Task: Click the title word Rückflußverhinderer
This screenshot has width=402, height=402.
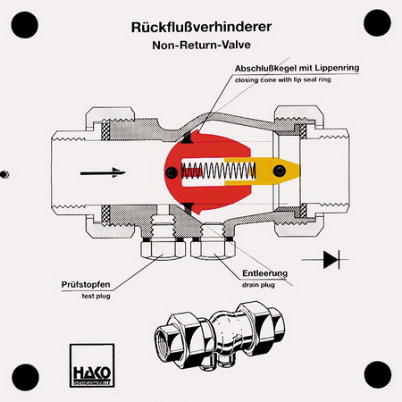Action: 201,28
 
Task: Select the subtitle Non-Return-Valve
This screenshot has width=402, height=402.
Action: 201,46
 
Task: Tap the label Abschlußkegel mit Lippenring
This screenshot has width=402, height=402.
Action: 297,68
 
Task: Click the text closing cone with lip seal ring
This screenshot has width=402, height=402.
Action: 282,80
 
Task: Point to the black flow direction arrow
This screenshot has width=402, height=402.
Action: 103,172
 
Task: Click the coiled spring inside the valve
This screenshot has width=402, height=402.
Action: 219,171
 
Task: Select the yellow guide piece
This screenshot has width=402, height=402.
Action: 262,171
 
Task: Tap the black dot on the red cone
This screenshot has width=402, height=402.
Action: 172,172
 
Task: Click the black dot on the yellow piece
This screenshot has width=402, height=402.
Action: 280,171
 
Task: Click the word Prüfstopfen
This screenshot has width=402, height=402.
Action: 86,285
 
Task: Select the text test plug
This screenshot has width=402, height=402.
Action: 96,297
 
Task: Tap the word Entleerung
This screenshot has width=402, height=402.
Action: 265,273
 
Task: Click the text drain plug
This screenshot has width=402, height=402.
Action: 258,285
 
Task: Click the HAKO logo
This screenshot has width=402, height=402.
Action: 92,365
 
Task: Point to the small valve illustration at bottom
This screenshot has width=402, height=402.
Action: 219,336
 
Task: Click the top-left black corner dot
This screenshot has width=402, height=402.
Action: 25,25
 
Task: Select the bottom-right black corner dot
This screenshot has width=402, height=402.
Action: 378,374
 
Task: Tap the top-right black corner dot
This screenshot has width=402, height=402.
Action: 377,23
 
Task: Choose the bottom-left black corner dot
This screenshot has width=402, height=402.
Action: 25,377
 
